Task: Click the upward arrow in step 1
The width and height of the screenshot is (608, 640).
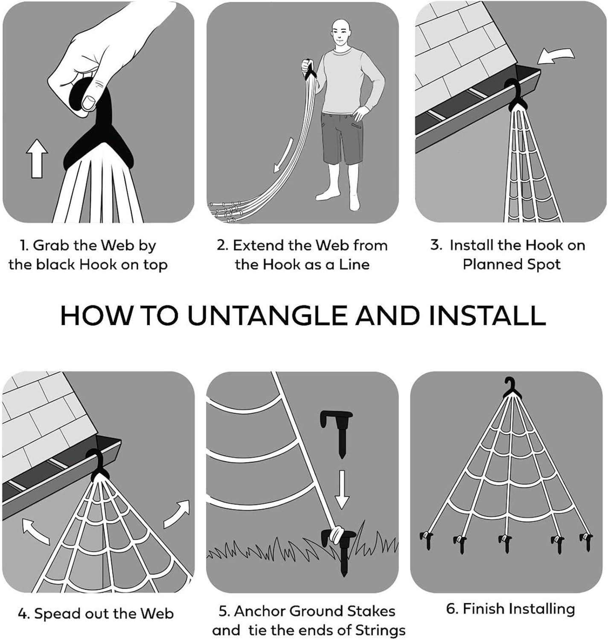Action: click(37, 159)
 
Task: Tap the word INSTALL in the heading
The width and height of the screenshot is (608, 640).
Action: click(488, 315)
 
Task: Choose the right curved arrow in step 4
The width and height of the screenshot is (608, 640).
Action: click(176, 513)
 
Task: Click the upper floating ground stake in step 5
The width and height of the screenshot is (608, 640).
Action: click(337, 433)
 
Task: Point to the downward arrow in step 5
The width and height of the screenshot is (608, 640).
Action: click(342, 490)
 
